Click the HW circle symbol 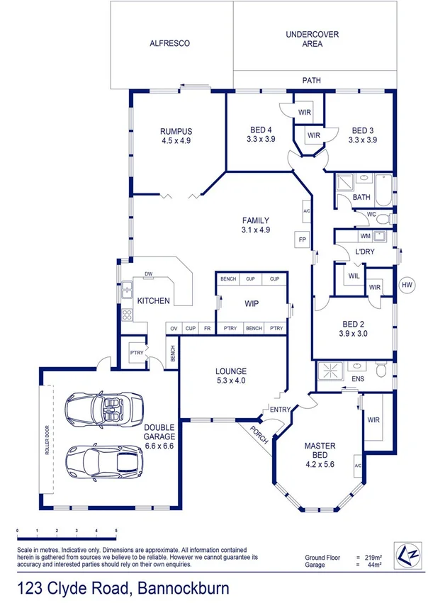(x=407, y=285)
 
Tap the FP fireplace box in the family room (x=303, y=239)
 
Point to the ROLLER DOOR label (x=48, y=447)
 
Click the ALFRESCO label (x=169, y=43)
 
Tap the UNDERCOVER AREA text (x=312, y=39)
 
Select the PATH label (x=312, y=81)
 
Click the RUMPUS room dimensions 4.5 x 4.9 (x=176, y=140)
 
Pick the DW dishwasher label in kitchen (x=149, y=274)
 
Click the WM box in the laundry (x=365, y=236)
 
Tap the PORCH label (x=260, y=439)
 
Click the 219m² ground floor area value (x=373, y=558)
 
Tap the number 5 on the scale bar (x=116, y=531)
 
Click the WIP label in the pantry (x=251, y=303)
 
